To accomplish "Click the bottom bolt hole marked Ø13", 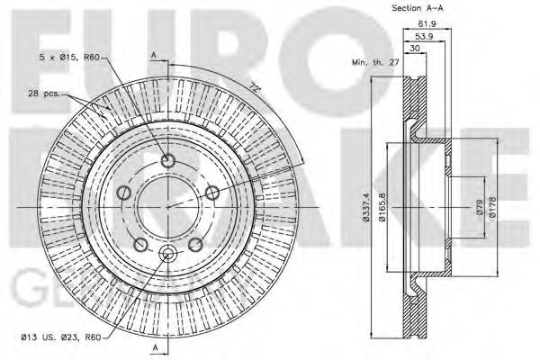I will coord(166,256).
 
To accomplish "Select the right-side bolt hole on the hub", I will coord(212,193).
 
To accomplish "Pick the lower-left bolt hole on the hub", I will coord(139,245).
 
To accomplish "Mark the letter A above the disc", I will coord(156,56).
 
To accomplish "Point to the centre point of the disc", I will coord(166,208).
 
